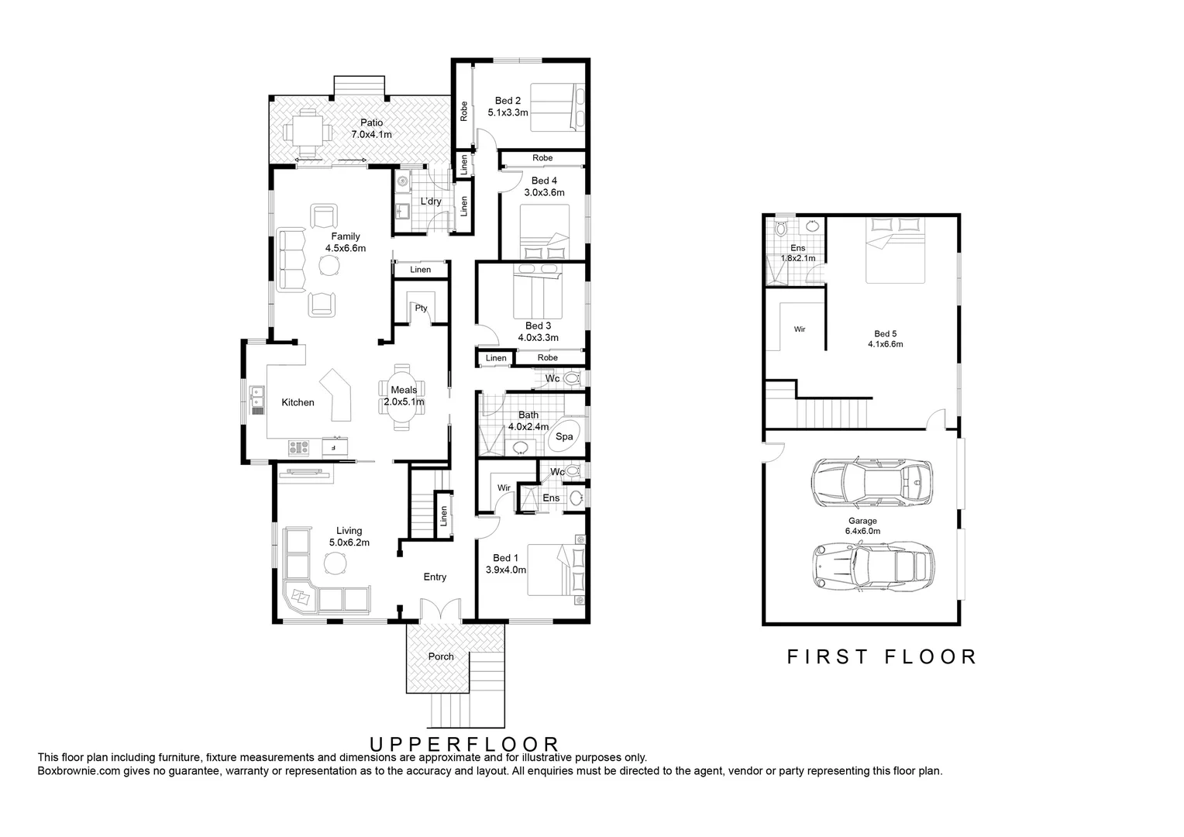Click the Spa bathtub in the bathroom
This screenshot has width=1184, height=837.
[564, 437]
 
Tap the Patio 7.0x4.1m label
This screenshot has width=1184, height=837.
[371, 129]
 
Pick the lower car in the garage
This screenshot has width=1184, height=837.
[873, 564]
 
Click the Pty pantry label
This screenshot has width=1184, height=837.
[421, 308]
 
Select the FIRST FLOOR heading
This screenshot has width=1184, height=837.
[882, 657]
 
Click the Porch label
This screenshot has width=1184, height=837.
[441, 656]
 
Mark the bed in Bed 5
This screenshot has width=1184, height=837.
[895, 250]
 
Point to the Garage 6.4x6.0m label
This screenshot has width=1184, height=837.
[862, 526]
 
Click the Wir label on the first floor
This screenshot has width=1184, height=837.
[799, 329]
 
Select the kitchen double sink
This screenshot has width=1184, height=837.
[256, 398]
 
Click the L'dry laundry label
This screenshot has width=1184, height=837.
[430, 202]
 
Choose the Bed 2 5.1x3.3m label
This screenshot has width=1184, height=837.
[508, 106]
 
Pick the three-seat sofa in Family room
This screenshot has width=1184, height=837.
[291, 260]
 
